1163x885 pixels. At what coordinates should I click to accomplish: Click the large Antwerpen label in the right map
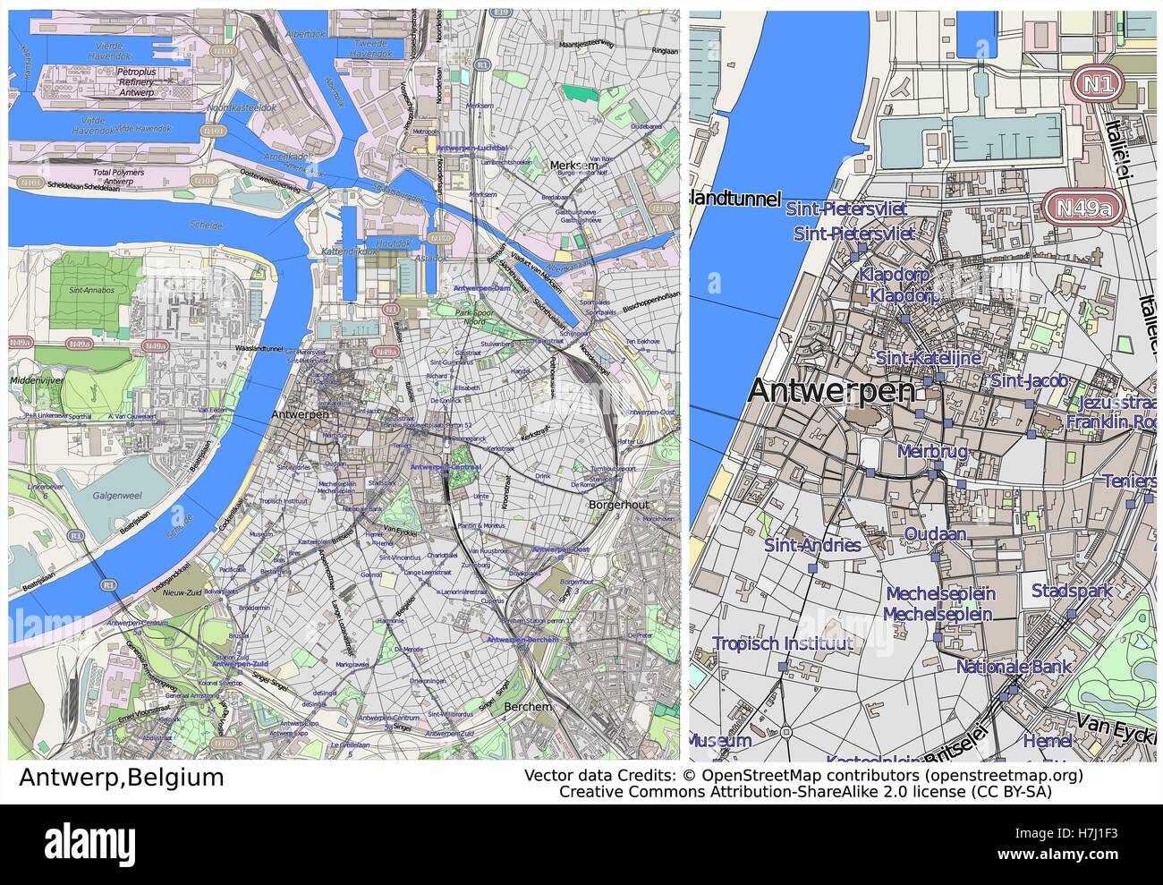click(831, 390)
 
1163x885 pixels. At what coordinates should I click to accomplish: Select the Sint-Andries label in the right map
click(812, 545)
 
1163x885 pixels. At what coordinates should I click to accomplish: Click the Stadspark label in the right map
click(1072, 591)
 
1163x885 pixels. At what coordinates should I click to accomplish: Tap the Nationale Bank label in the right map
click(1014, 667)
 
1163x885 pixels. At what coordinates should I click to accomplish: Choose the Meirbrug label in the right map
click(932, 452)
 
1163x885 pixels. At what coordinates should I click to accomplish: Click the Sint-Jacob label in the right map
click(1029, 381)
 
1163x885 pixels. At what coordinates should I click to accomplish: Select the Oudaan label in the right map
click(935, 534)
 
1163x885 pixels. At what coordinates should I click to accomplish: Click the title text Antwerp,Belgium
click(121, 776)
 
